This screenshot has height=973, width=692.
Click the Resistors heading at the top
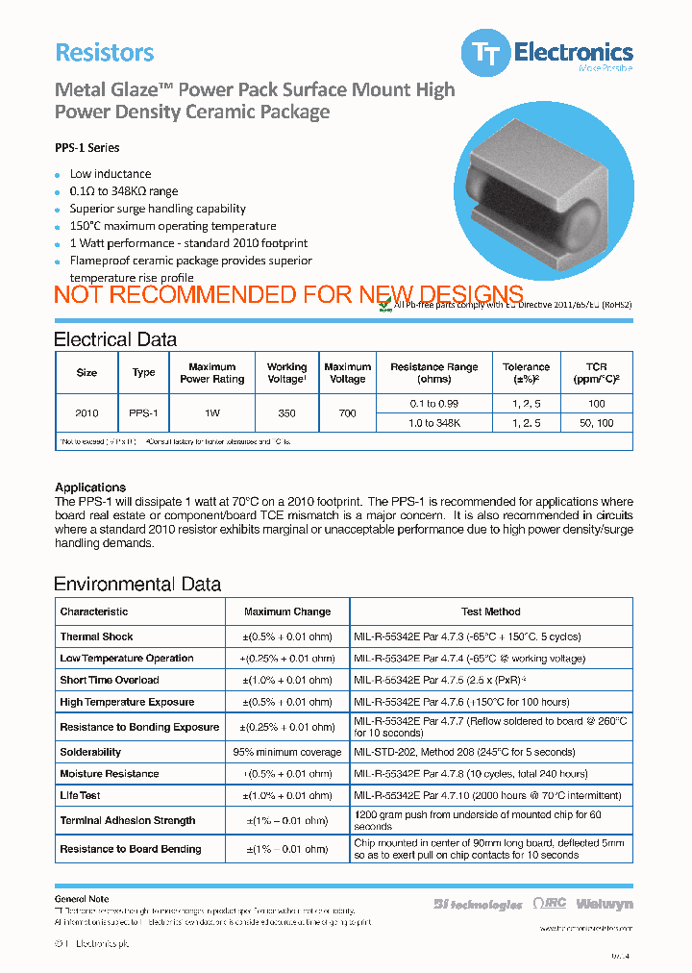point(104,53)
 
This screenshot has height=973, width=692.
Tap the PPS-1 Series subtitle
point(86,148)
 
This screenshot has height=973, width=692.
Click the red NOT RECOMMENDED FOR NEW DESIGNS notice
point(288,295)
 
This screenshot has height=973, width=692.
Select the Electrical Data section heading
point(114,339)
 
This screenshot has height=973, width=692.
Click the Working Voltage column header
point(286,373)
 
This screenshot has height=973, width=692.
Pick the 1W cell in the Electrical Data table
point(211,413)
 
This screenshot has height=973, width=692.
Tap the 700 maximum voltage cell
point(347,413)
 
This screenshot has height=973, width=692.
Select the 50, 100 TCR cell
point(596,423)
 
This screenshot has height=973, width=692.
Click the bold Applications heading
point(90,487)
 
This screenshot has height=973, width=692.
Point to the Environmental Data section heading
point(136,585)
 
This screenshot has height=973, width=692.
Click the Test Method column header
point(490,611)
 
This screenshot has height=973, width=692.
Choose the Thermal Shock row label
point(96,636)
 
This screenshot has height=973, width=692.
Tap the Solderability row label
point(90,752)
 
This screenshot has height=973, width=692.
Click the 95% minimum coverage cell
point(286,752)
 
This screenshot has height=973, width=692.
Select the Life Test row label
point(80,795)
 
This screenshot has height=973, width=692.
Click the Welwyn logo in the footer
point(605,904)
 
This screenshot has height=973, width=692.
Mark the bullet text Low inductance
point(110,174)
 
